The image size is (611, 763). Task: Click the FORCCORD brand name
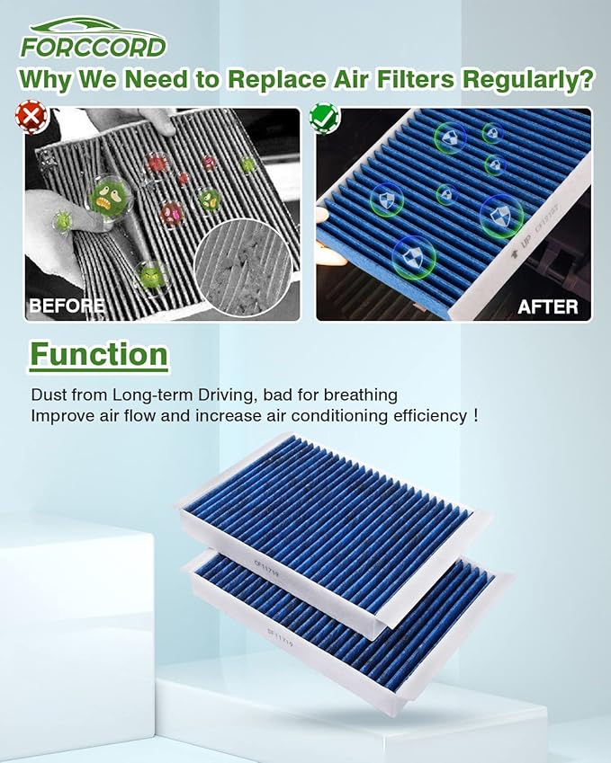click(x=93, y=47)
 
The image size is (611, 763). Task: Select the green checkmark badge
click(x=321, y=117)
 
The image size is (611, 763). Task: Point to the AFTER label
click(x=547, y=306)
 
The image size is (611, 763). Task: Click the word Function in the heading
click(x=99, y=354)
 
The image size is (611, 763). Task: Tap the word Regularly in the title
click(x=527, y=79)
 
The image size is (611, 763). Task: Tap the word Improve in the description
click(x=59, y=416)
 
